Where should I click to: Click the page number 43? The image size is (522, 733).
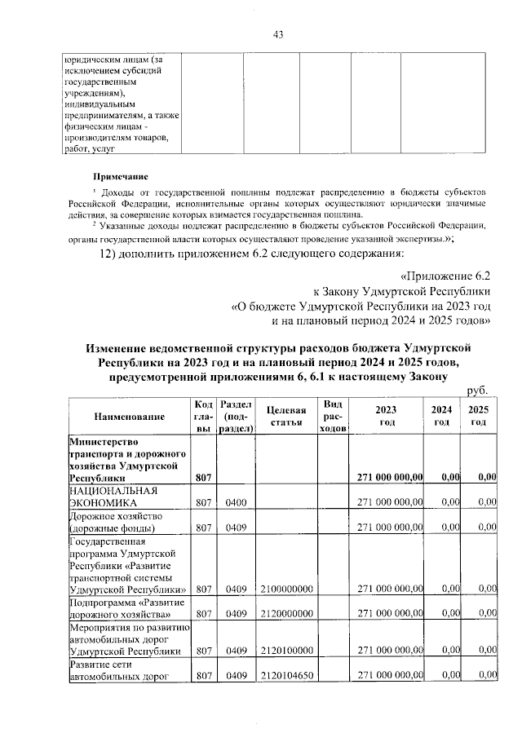[x=277, y=33]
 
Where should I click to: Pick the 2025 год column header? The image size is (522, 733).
[x=479, y=417]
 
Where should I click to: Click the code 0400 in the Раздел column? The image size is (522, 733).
[x=236, y=503]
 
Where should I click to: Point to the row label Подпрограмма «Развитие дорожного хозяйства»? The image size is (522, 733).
[x=120, y=607]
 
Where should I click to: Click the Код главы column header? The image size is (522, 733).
[x=204, y=417]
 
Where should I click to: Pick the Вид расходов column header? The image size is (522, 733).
[x=333, y=417]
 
